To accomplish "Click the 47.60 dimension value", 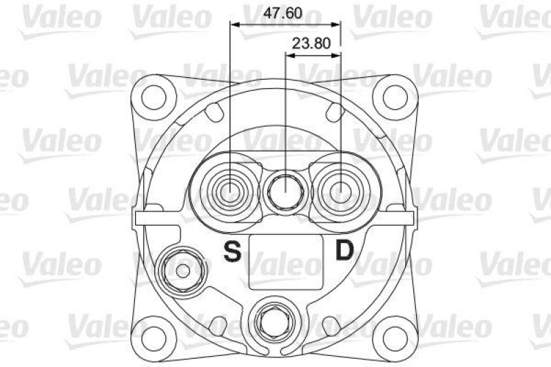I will pos(283,13).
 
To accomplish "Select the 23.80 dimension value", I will pos(312,43).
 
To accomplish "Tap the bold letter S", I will pos(233,253).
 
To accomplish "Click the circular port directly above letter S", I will pos(230,189).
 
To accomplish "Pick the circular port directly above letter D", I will pos(340,189).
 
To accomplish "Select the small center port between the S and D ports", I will pos(285,189).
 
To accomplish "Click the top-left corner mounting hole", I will pos(157,96).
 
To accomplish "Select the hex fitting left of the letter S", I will pos(182,270).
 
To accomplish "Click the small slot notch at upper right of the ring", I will pos(335,110).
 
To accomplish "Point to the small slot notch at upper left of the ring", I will pos(215,110).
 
